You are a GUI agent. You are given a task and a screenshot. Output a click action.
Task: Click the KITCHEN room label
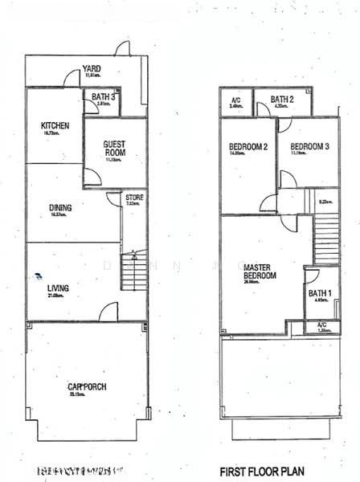55,126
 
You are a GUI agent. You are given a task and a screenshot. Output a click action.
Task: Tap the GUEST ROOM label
114,149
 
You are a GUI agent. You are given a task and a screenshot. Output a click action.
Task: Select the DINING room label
60,207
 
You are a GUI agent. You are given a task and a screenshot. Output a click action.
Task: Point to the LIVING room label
57,288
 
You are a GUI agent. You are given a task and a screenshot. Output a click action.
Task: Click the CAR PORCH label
87,386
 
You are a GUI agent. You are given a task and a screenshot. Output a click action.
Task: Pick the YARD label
90,69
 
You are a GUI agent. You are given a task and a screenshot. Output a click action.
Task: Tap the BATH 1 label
320,293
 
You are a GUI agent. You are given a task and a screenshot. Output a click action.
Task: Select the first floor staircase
325,233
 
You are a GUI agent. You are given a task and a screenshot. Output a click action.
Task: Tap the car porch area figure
87,395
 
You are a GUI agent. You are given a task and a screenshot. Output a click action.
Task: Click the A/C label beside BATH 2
236,100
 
